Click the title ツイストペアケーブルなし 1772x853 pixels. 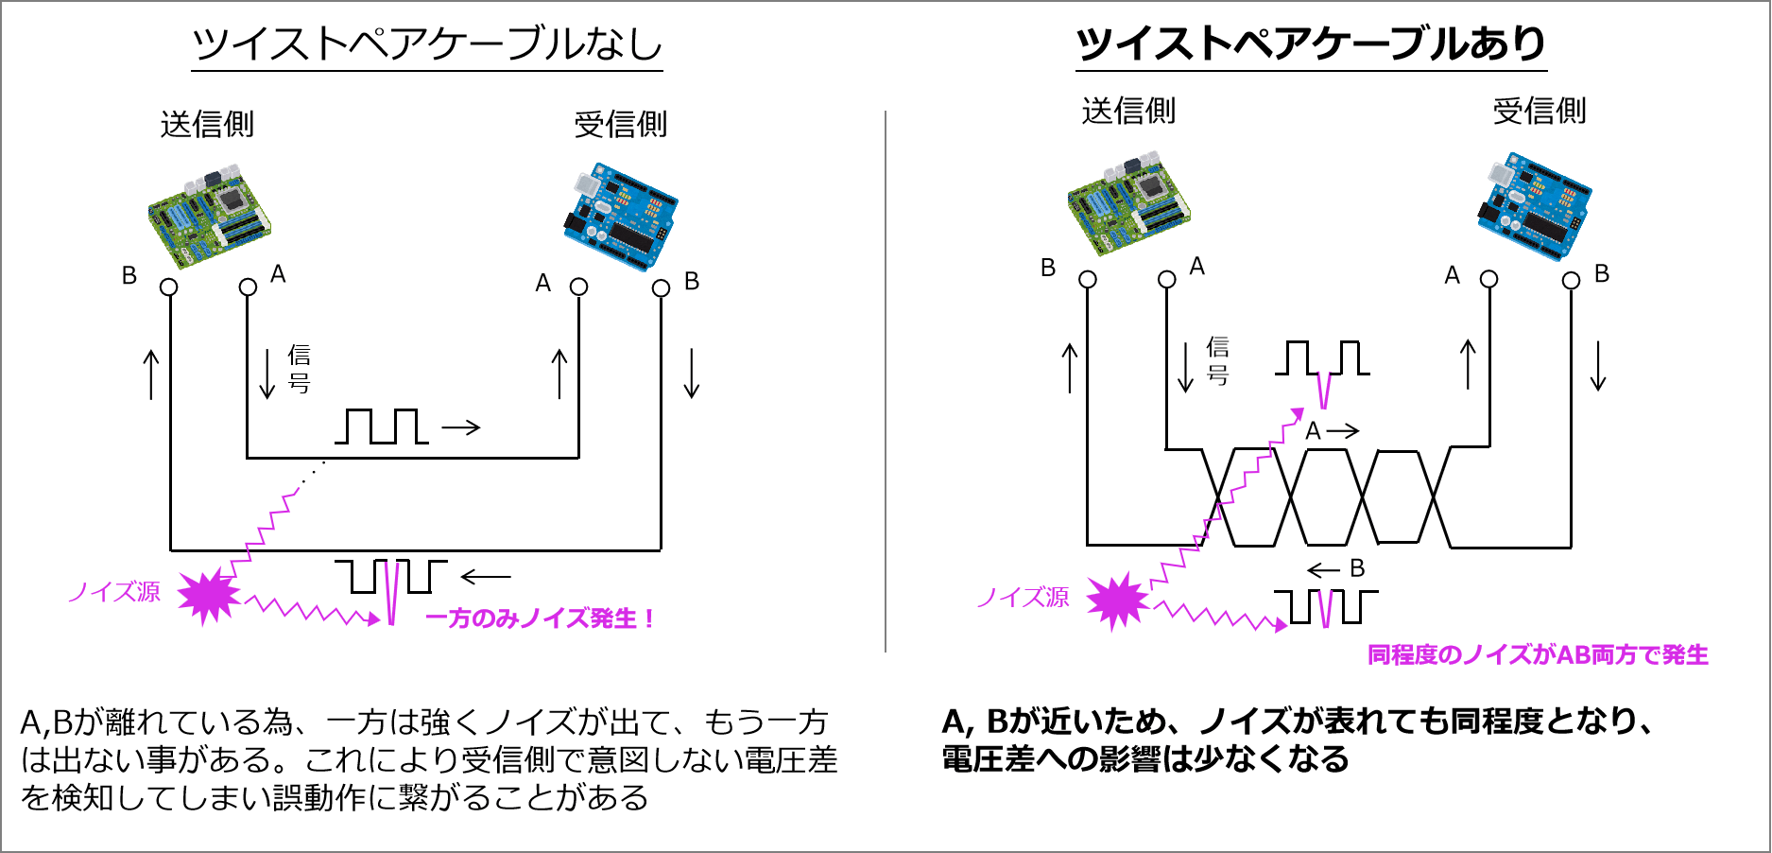point(427,44)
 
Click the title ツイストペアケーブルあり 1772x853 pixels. point(1311,44)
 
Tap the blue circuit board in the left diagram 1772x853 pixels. point(620,217)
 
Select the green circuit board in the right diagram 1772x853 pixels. point(1128,202)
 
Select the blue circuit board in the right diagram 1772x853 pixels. point(1534,206)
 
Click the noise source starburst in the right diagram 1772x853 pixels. point(1117,601)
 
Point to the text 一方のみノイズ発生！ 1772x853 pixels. point(541,618)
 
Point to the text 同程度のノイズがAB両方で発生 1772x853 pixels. point(1538,654)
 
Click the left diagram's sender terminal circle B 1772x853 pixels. point(169,287)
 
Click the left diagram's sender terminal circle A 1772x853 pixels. point(248,287)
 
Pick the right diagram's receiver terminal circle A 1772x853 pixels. point(1489,279)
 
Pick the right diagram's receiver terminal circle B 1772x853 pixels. point(1571,280)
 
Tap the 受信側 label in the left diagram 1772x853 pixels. point(621,124)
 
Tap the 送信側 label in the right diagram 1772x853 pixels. point(1128,111)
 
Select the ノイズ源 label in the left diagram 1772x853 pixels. point(114,592)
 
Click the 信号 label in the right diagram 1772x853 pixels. point(1217,360)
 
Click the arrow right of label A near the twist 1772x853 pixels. point(1342,431)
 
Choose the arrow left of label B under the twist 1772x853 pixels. point(1323,570)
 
